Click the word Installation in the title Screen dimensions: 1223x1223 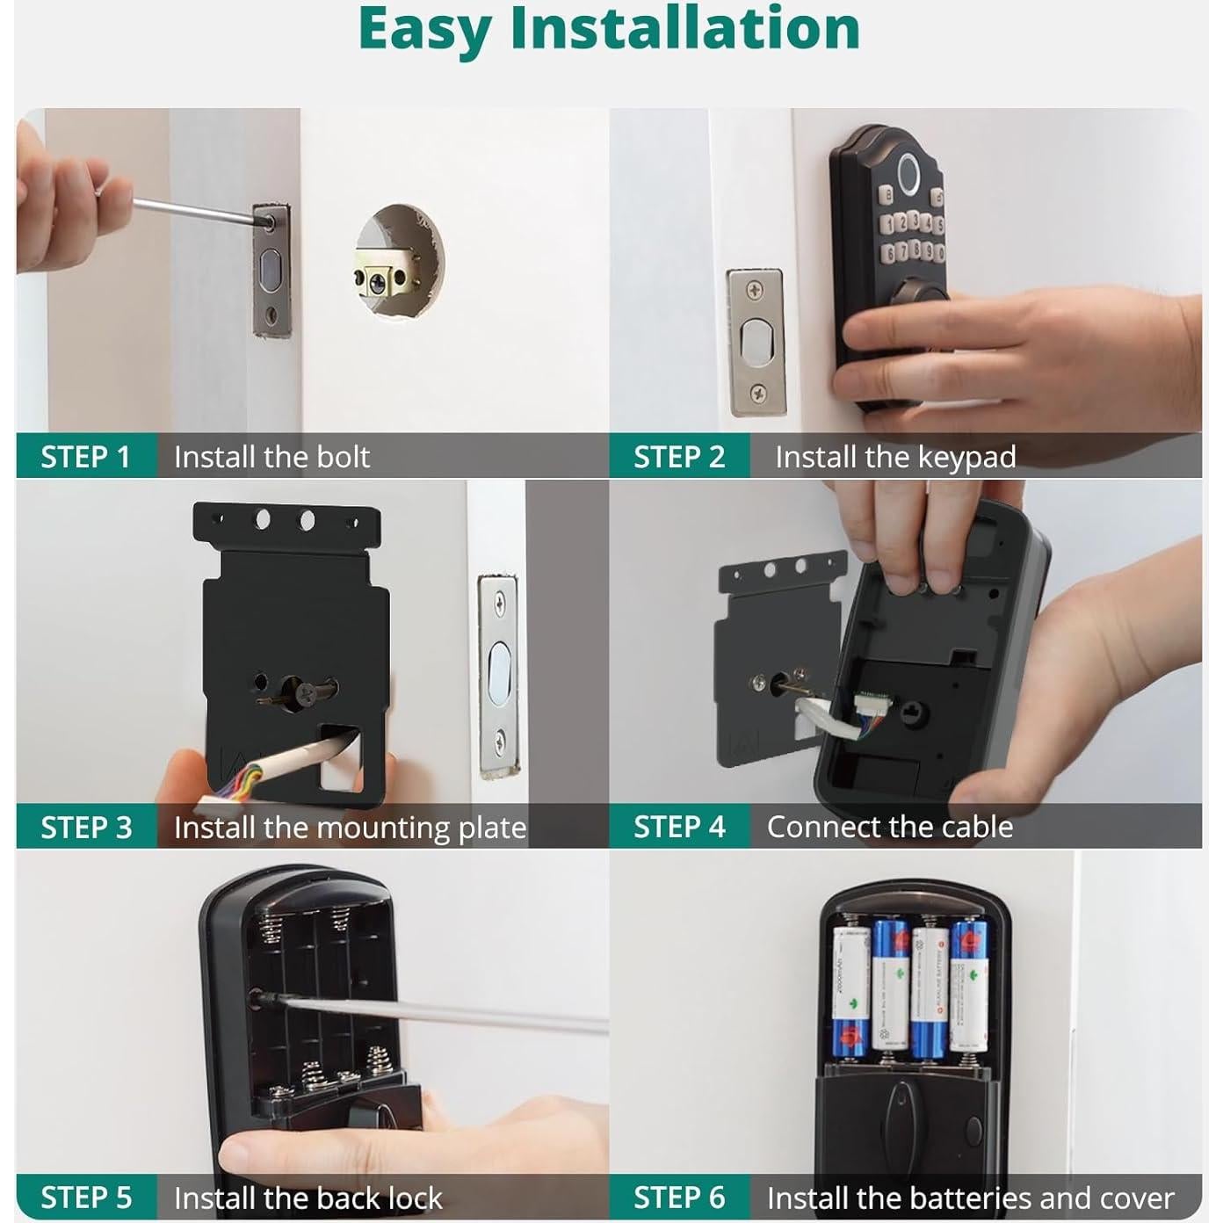684,28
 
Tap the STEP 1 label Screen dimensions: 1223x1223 85,457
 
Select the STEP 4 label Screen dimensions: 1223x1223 678,827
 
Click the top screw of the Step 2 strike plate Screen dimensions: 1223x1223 754,290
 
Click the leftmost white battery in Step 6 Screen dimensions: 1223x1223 850,991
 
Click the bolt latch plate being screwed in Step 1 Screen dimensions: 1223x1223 271,272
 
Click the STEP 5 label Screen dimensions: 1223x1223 85,1198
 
